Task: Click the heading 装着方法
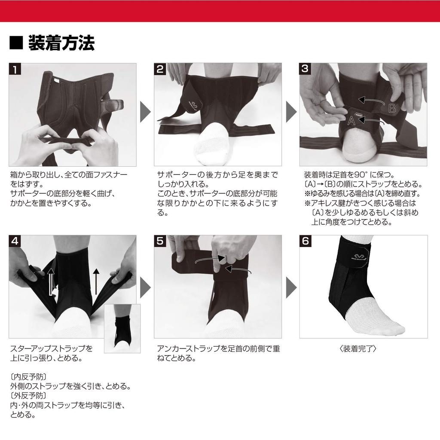click(x=61, y=43)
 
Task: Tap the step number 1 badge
click(x=15, y=69)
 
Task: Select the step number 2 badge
click(x=160, y=69)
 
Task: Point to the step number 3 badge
click(x=305, y=68)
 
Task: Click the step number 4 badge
click(x=15, y=241)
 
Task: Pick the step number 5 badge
click(x=160, y=241)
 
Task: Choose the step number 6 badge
click(x=306, y=241)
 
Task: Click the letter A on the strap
click(x=351, y=120)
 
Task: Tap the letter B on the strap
click(x=392, y=108)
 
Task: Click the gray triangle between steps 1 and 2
click(x=145, y=112)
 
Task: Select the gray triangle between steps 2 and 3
click(x=291, y=112)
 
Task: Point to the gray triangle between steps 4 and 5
click(x=145, y=287)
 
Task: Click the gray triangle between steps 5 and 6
click(x=291, y=287)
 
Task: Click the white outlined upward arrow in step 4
click(x=51, y=281)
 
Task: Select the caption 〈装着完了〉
click(x=358, y=349)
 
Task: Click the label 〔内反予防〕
click(x=28, y=377)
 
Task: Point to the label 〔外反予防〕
click(x=28, y=396)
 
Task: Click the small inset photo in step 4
click(x=122, y=329)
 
